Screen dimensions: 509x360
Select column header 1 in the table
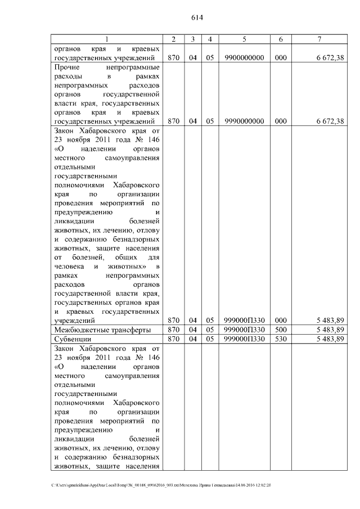click(x=107, y=39)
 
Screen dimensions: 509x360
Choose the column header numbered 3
click(x=192, y=39)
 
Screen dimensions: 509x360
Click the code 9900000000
click(x=244, y=57)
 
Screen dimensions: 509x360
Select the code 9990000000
click(x=244, y=121)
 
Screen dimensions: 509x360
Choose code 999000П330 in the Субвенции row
click(x=244, y=340)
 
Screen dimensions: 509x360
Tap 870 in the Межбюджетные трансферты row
click(x=174, y=330)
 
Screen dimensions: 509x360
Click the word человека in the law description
click(x=69, y=266)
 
